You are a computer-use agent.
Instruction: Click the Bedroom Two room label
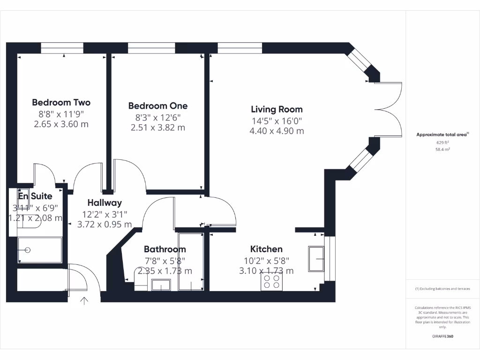click(x=61, y=102)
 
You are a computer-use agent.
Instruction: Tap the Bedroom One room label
click(x=157, y=106)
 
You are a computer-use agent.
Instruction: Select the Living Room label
click(x=277, y=109)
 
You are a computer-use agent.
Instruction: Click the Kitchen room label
click(x=266, y=249)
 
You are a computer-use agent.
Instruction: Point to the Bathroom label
click(x=165, y=249)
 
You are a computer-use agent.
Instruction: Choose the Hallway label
click(x=105, y=202)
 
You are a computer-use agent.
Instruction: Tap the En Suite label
click(x=36, y=196)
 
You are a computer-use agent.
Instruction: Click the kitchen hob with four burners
click(x=271, y=282)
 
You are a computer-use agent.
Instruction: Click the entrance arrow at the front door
click(x=85, y=301)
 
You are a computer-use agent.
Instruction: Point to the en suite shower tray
click(x=39, y=250)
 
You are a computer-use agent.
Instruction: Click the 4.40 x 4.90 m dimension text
click(x=277, y=131)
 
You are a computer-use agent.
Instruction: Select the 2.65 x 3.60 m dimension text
click(x=61, y=124)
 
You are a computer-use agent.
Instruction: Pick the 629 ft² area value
click(x=443, y=142)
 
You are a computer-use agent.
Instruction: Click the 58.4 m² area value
click(x=443, y=150)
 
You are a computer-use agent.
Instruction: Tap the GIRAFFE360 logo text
click(x=442, y=337)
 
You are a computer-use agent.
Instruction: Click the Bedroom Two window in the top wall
click(x=62, y=47)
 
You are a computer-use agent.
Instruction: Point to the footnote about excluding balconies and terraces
click(x=442, y=289)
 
